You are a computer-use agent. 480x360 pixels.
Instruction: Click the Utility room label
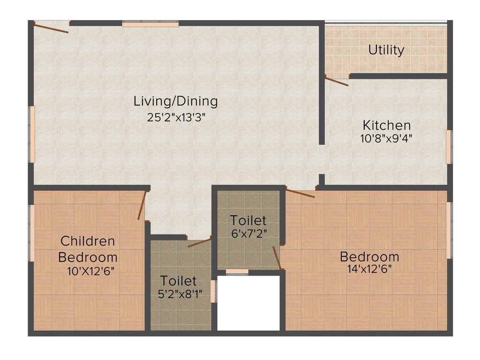click(x=386, y=50)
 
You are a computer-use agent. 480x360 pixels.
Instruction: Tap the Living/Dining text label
click(x=176, y=101)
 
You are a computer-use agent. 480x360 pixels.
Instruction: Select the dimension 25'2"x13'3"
click(x=176, y=117)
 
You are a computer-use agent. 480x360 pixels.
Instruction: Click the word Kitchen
click(x=387, y=125)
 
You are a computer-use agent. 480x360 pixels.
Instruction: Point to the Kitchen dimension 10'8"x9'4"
click(x=387, y=138)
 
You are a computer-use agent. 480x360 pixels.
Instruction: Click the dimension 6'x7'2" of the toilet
click(x=248, y=233)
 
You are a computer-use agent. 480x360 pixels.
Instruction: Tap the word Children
click(x=88, y=241)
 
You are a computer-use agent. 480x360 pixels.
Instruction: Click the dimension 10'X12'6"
click(x=90, y=270)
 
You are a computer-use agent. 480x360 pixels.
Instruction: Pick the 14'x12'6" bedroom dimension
click(x=369, y=269)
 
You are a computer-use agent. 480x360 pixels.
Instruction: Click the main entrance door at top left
click(x=52, y=27)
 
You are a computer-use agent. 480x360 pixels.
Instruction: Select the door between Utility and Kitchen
click(x=337, y=82)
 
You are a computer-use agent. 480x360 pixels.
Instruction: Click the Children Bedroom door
click(x=142, y=205)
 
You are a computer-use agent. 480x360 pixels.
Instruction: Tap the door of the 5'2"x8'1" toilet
click(x=199, y=243)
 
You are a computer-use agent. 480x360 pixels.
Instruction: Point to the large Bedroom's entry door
click(x=300, y=193)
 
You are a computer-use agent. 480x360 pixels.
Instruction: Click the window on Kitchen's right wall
click(x=448, y=147)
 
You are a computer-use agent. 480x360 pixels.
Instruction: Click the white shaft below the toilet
click(x=248, y=302)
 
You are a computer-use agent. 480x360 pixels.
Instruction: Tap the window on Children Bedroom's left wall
click(x=32, y=232)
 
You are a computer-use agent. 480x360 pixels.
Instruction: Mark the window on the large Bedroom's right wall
click(x=449, y=230)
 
